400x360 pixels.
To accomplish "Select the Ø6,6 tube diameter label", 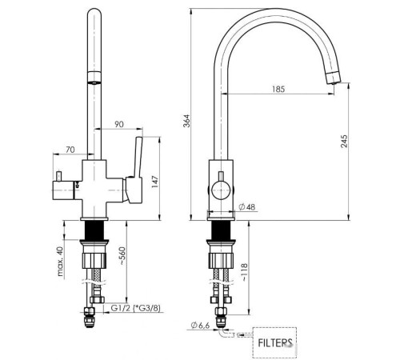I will [201, 324].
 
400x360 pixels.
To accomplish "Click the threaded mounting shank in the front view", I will [96, 230].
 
